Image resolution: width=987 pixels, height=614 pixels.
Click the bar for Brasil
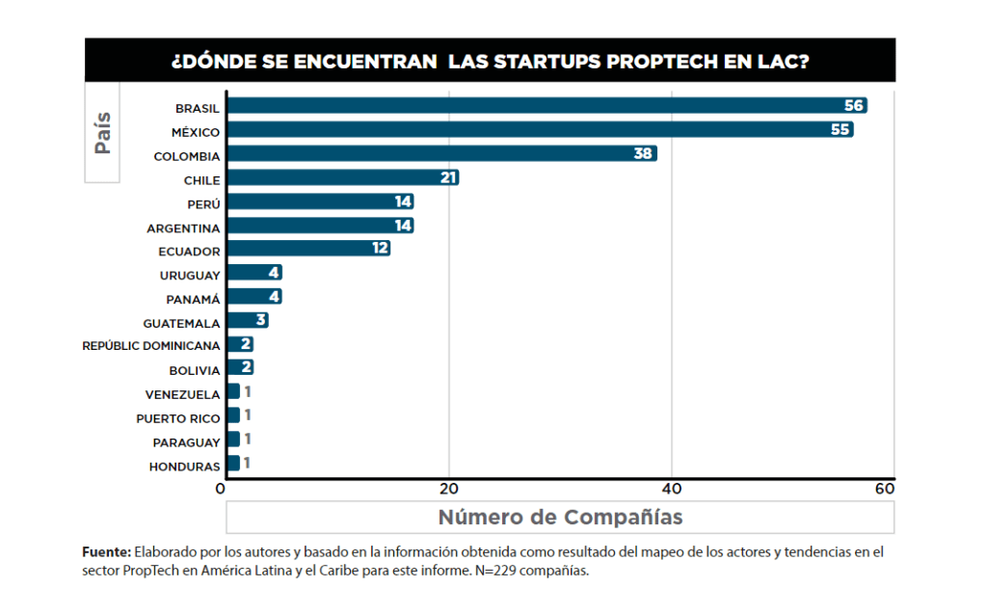(546, 106)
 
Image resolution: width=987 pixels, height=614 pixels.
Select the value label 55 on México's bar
(840, 130)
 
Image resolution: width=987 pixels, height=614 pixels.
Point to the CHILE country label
(201, 179)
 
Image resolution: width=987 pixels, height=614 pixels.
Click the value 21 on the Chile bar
(446, 178)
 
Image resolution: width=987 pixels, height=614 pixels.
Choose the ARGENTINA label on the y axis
(183, 227)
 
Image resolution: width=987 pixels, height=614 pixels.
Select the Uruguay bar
(253, 273)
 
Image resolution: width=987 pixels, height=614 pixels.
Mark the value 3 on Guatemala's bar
(260, 321)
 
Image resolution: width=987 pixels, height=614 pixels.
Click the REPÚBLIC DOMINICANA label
(151, 345)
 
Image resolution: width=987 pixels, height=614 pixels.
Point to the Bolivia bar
(240, 368)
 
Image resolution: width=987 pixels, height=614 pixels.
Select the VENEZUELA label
(182, 394)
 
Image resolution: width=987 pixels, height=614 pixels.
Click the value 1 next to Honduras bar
(248, 464)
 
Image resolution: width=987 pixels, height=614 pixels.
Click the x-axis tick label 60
(884, 488)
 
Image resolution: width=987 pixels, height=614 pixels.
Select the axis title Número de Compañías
(560, 517)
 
